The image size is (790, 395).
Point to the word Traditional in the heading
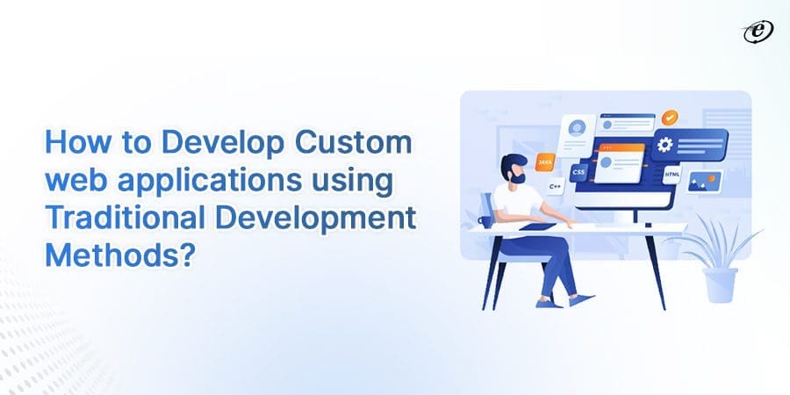pyautogui.click(x=122, y=219)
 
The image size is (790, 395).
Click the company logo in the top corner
pyautogui.click(x=758, y=32)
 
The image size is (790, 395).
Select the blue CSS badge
pyautogui.click(x=578, y=173)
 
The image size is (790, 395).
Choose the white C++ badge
pyautogui.click(x=555, y=187)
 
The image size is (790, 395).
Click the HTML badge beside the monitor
pyautogui.click(x=672, y=175)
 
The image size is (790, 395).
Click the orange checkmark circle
pyautogui.click(x=670, y=116)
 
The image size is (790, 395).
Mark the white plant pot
pyautogui.click(x=719, y=284)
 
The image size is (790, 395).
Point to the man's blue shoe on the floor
pyautogui.click(x=549, y=303)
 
